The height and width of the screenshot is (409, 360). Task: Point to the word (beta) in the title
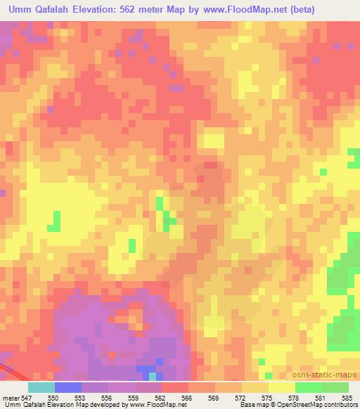click(298, 10)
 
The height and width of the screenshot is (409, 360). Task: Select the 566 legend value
click(188, 398)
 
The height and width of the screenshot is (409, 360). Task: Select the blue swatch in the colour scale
click(67, 387)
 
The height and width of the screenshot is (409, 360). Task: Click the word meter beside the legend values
click(12, 398)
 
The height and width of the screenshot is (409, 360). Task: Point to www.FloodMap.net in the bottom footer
click(153, 405)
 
